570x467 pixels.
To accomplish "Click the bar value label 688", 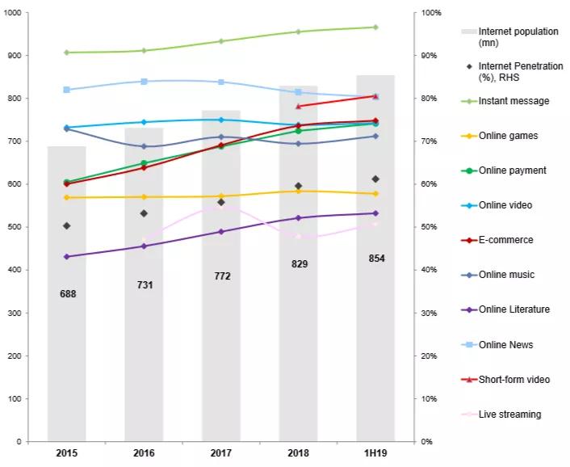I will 68,294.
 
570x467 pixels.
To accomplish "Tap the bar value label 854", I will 376,259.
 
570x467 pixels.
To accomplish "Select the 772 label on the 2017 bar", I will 222,276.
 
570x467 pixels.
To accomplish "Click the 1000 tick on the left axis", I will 15,13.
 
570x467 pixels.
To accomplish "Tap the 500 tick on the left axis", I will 17,227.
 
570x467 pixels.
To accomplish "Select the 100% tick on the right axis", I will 432,13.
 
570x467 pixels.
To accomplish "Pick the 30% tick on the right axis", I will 430,313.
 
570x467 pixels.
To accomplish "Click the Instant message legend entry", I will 513,101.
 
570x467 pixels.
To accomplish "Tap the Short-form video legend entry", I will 514,380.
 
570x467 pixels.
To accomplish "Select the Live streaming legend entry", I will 509,414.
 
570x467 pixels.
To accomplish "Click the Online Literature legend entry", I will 514,309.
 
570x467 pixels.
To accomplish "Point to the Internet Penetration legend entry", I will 521,71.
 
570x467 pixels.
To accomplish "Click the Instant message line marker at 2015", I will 67,53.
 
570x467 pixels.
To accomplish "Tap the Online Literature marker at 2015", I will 67,257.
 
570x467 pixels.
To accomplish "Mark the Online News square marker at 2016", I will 145,82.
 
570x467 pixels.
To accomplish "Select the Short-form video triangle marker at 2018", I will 299,106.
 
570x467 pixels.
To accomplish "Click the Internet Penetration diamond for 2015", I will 67,226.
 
